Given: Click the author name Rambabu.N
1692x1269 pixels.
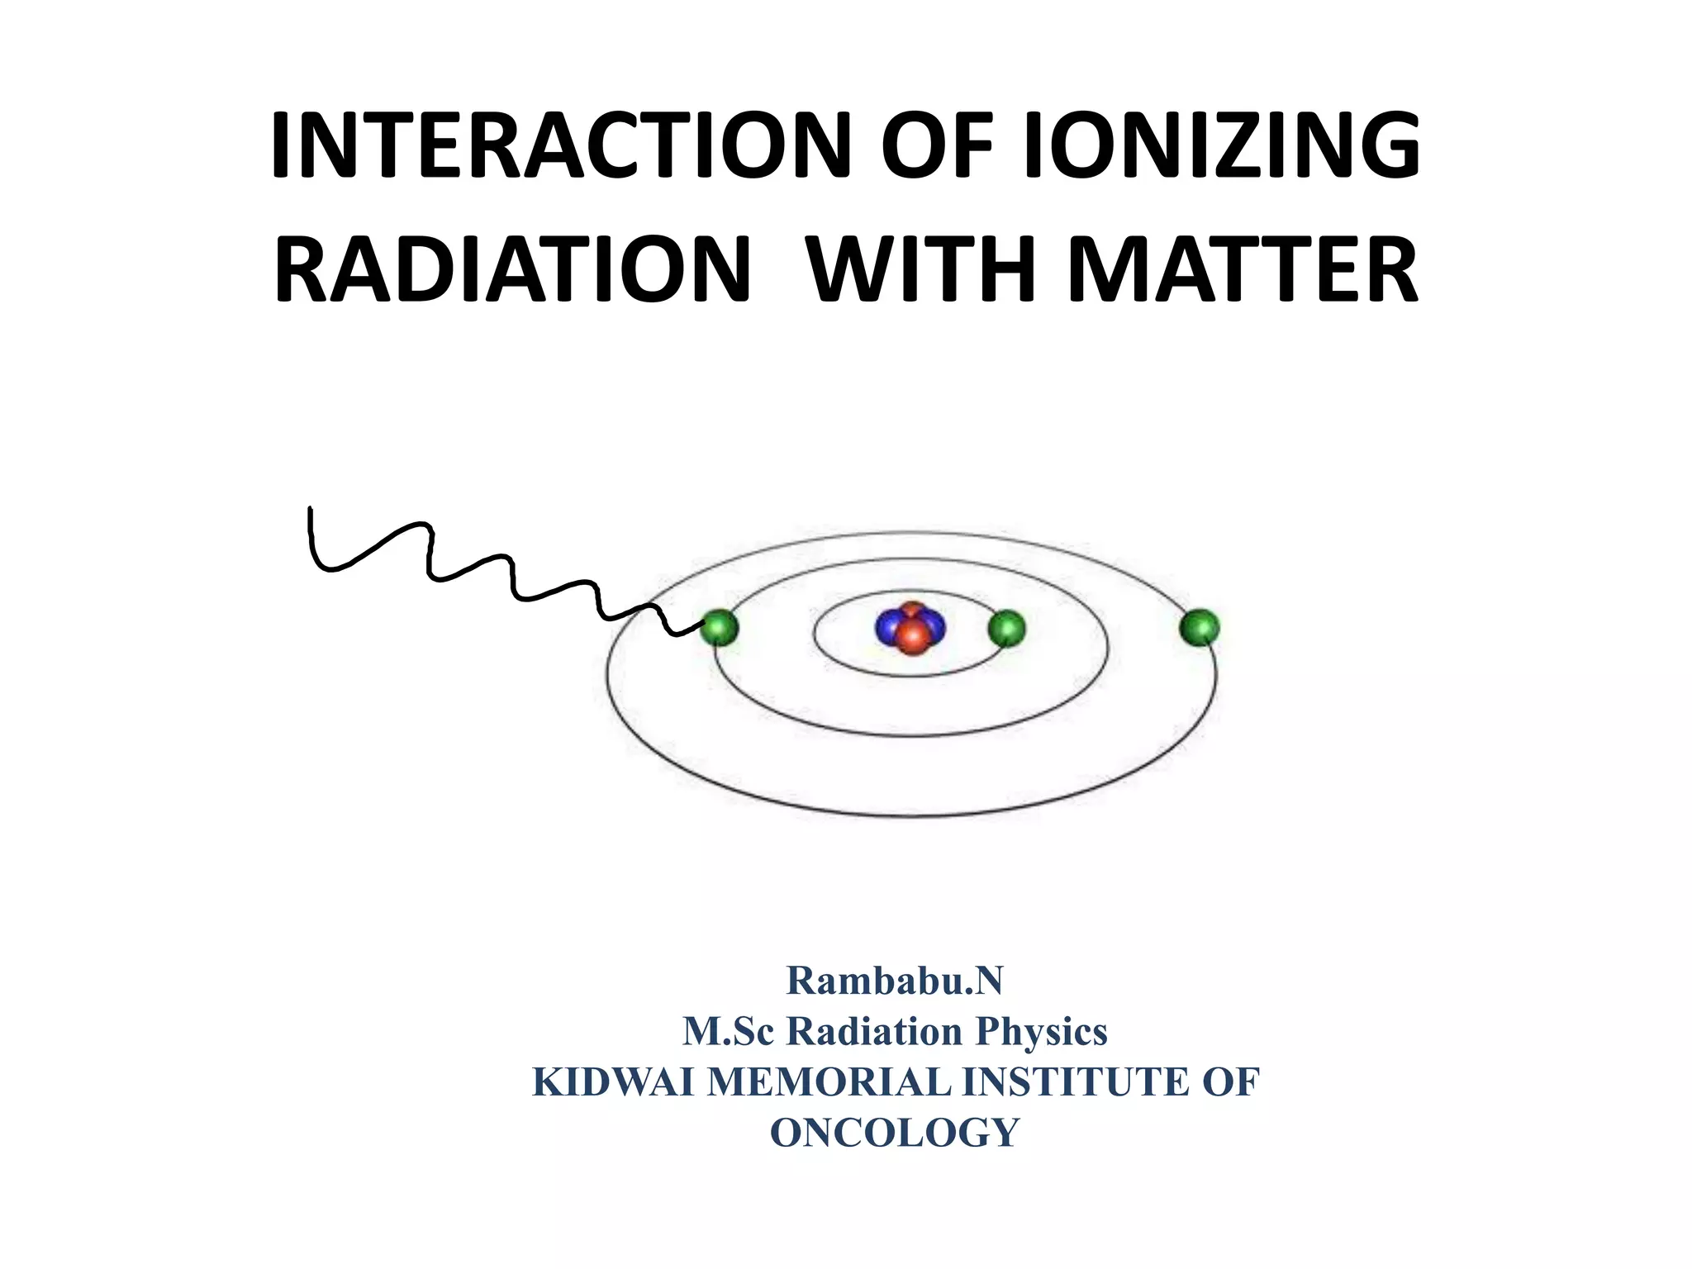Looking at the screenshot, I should coord(895,981).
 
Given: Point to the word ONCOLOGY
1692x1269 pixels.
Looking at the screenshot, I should coord(895,1133).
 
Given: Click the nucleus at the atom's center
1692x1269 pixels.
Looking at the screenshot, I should coord(910,629).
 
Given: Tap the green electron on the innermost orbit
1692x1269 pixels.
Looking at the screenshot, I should coord(1006,629).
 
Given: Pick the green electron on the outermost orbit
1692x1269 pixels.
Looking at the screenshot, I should coord(1200,628).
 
